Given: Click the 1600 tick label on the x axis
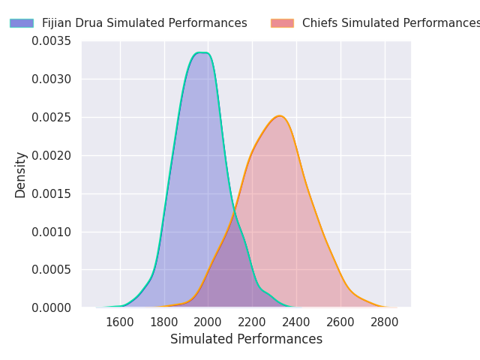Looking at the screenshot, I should [120, 322].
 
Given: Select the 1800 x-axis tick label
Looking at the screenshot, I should [164, 322].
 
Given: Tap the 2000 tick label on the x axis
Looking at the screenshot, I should [208, 322].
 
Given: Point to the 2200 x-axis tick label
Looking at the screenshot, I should [253, 322].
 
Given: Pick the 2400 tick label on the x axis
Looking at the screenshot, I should [296, 322].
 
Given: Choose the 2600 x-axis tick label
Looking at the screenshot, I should [340, 322].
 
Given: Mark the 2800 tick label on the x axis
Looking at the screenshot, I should [385, 322].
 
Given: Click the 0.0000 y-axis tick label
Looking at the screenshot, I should [51, 307].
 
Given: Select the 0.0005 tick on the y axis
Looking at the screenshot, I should [51, 269].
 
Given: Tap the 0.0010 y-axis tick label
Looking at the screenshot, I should [51, 232].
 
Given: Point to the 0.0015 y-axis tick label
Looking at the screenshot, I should [51, 193].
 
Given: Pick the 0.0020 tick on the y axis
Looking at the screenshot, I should [51, 155].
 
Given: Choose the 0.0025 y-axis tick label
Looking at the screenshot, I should [51, 117].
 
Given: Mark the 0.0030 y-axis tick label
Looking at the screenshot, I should [51, 79].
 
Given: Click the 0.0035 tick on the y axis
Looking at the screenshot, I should [51, 40].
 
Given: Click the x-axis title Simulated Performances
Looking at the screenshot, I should [246, 339].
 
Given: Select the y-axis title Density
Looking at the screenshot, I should [21, 174].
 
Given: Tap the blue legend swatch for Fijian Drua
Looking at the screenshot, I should [21, 23].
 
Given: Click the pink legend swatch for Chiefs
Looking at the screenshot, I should [282, 23].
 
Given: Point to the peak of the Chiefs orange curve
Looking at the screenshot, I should [279, 116].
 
